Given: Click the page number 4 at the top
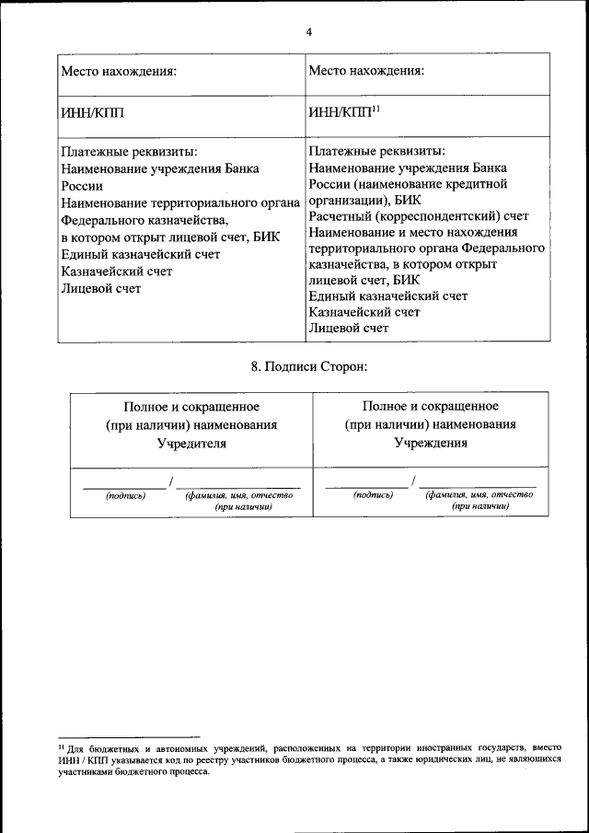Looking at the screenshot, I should point(309,31).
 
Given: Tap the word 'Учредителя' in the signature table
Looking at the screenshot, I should point(191,442).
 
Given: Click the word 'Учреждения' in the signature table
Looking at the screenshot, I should point(431,442).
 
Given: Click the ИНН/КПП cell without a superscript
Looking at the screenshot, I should point(92,113).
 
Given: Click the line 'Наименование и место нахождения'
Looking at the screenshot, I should point(413,233).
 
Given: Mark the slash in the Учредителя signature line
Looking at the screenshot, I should point(170,481).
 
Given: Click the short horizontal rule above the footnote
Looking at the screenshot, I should point(129,737).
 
